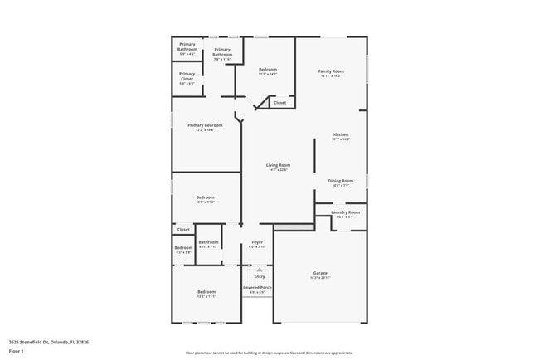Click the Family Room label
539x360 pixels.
[331, 72]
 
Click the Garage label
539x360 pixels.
[320, 275]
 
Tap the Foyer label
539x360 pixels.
[257, 243]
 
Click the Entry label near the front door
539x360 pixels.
[259, 276]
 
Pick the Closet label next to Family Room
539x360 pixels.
[279, 103]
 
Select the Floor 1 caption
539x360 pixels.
[15, 351]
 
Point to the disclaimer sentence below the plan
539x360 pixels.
[269, 352]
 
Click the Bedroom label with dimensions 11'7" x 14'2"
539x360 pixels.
[267, 71]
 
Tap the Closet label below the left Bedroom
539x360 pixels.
[183, 229]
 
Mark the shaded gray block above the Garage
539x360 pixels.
[294, 227]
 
